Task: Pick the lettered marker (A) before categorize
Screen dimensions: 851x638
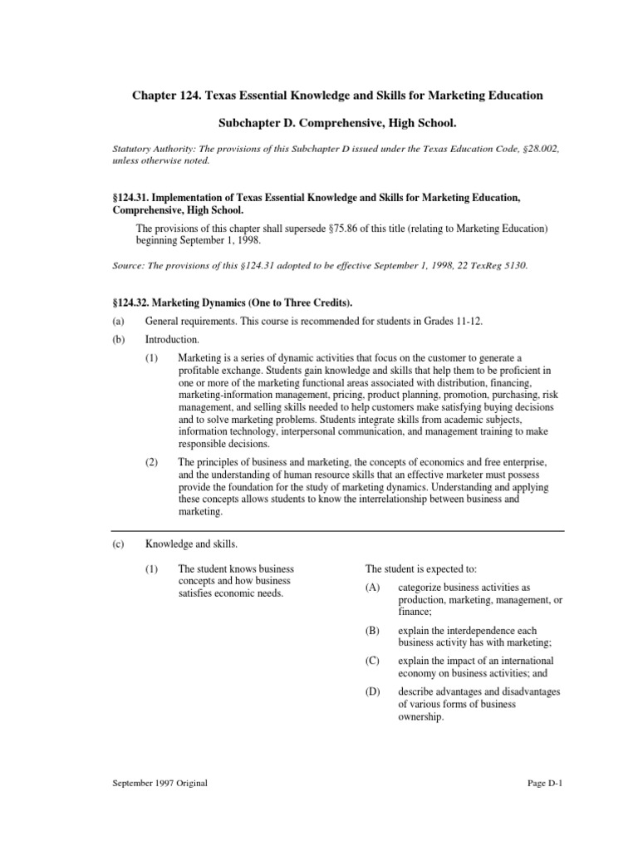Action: (x=371, y=588)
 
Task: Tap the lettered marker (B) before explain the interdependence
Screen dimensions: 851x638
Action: (x=371, y=631)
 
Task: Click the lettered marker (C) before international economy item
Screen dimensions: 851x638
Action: (x=371, y=662)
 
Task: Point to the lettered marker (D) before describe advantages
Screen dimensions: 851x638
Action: (x=371, y=692)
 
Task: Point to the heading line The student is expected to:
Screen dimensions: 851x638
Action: (x=421, y=569)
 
